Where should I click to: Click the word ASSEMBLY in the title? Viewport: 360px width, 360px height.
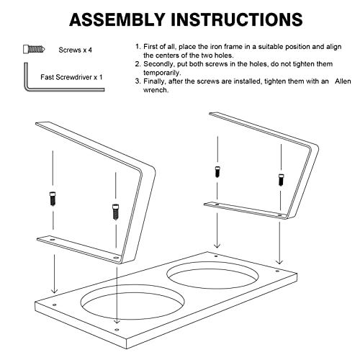coord(117,19)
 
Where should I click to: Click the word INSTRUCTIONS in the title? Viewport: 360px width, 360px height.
coord(237,19)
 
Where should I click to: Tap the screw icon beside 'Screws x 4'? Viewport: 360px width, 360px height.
coord(34,49)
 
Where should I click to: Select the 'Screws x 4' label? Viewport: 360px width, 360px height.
coord(75,50)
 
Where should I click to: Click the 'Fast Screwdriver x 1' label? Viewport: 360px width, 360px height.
coord(71,77)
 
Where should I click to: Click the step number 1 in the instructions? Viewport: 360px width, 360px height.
coord(138,47)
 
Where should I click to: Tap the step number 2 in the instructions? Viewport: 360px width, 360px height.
coord(138,64)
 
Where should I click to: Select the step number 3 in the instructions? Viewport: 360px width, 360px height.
coord(138,81)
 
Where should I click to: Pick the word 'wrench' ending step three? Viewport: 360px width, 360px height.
coord(156,90)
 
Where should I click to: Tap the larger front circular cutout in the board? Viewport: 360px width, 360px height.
coord(132,302)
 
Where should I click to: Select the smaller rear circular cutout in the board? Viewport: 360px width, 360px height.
coord(212,275)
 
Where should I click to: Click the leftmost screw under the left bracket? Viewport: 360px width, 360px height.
coord(53,199)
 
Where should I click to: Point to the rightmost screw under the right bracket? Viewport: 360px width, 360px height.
coord(281,179)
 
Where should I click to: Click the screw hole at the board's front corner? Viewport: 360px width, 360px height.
coord(117,330)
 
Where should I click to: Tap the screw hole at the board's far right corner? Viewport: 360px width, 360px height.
coord(277,271)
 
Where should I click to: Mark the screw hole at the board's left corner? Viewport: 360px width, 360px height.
coord(55,305)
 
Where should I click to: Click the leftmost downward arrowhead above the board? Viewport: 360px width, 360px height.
coord(55,290)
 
